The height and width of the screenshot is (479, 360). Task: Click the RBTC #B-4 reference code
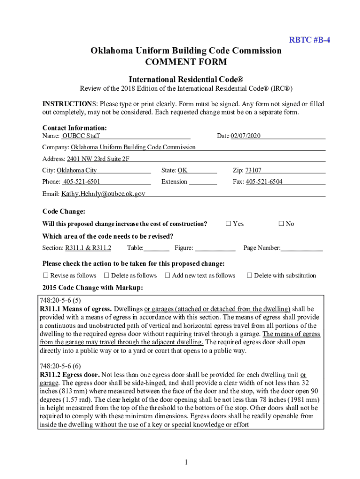point(310,40)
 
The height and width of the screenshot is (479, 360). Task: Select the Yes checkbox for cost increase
point(229,224)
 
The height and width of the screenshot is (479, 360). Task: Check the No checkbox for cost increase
point(281,224)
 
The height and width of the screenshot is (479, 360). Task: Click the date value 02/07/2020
point(245,136)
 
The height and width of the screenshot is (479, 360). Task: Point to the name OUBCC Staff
point(81,136)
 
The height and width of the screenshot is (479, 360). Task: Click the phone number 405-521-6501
point(82,181)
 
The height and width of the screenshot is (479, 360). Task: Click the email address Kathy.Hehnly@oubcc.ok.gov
point(103,193)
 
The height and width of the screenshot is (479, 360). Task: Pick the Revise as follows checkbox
point(46,276)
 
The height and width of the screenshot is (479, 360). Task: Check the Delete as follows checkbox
point(107,276)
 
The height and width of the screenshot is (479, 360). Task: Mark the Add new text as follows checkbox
point(167,276)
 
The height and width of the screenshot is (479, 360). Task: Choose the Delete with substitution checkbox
point(249,276)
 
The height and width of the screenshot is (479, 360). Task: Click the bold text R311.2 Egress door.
point(70,375)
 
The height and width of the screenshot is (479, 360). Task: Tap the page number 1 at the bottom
point(186,463)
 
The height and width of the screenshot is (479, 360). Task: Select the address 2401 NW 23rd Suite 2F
point(98,159)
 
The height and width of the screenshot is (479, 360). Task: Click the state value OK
point(182,170)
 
